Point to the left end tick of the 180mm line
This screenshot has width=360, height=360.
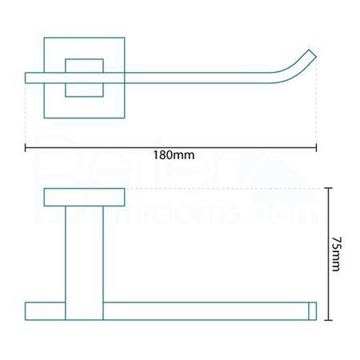[x=26, y=147]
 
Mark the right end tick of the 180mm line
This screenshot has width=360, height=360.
[x=317, y=147]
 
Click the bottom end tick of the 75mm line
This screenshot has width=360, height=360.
[x=328, y=320]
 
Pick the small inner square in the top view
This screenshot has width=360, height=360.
[x=84, y=78]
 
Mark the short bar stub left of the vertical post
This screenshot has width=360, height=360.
[x=45, y=311]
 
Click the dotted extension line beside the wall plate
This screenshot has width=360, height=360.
[x=224, y=189]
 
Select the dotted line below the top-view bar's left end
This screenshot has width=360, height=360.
[x=26, y=112]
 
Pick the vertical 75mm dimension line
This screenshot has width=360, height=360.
[x=328, y=224]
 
